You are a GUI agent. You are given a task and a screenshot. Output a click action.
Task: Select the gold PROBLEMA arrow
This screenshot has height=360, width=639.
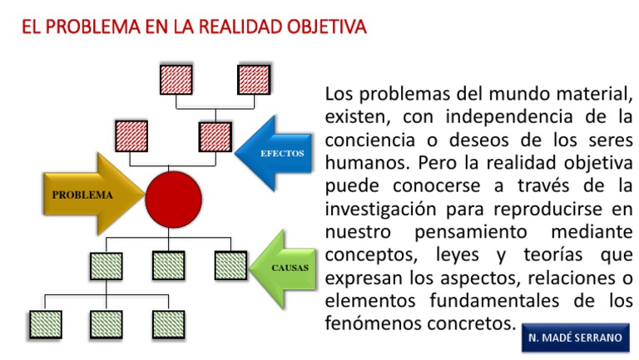(83, 195)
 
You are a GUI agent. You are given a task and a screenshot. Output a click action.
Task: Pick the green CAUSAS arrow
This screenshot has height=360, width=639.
(283, 268)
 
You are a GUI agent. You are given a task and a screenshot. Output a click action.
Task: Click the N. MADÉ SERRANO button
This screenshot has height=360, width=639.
(575, 338)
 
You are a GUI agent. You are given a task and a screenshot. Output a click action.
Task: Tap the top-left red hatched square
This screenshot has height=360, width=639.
(176, 80)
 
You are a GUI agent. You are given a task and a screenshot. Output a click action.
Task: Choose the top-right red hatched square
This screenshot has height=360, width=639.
(253, 80)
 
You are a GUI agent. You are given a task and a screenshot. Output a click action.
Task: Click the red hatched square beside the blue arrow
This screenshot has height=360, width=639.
(215, 136)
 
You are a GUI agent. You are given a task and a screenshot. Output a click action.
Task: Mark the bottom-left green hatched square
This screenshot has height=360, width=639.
(45, 324)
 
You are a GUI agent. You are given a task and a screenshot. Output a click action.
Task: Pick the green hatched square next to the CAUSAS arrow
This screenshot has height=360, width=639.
(230, 265)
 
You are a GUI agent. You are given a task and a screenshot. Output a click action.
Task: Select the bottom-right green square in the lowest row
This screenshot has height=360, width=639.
(168, 324)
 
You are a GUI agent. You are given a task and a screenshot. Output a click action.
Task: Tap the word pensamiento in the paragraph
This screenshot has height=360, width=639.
(471, 229)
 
